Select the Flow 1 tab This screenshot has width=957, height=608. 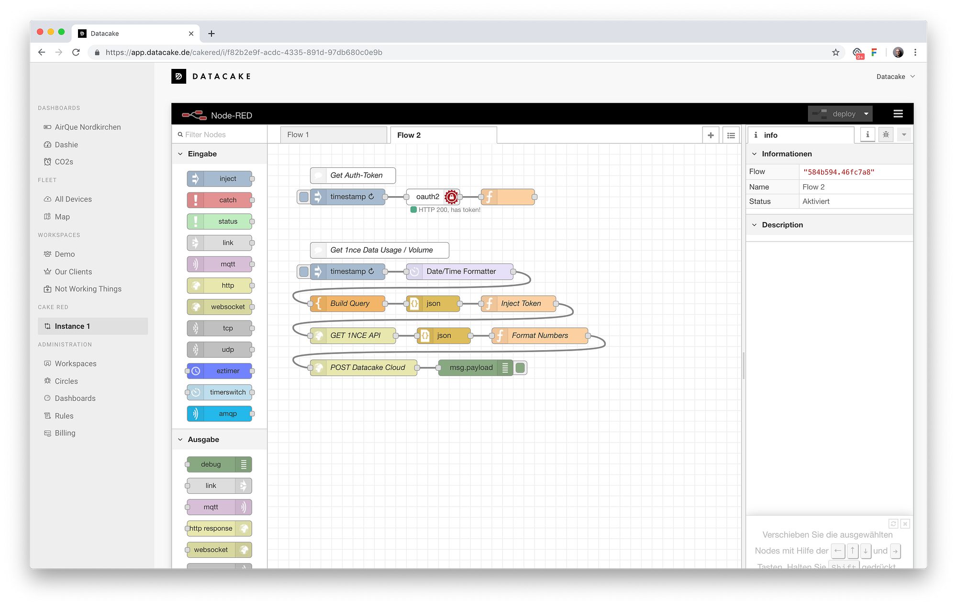coord(333,135)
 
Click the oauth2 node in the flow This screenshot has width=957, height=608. coord(428,197)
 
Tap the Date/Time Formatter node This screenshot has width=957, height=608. coord(461,272)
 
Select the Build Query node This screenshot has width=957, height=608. coord(350,304)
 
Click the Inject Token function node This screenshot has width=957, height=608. coord(521,304)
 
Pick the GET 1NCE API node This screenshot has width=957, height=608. coord(355,336)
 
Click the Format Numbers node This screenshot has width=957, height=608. coord(540,336)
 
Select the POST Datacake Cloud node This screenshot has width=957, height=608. coord(367,368)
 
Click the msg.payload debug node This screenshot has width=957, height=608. coord(471,368)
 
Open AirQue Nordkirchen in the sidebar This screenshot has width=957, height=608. coord(88,127)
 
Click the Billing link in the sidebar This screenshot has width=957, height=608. coord(65,433)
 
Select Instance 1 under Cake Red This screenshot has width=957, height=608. coord(72,326)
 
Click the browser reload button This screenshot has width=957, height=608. coord(76,53)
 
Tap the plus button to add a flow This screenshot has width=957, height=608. coord(711,135)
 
